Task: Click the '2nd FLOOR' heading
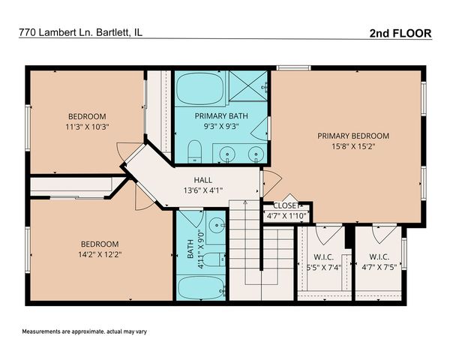400,34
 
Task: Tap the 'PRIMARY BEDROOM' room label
352,136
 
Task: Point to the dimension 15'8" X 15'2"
352,148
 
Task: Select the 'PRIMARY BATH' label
220,116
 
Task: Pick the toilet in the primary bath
194,154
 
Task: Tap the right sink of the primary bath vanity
256,155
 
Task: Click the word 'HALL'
203,180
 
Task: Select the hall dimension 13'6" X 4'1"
203,192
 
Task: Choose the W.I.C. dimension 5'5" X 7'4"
323,266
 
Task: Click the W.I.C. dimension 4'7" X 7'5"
378,266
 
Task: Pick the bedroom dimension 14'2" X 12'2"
99,254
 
